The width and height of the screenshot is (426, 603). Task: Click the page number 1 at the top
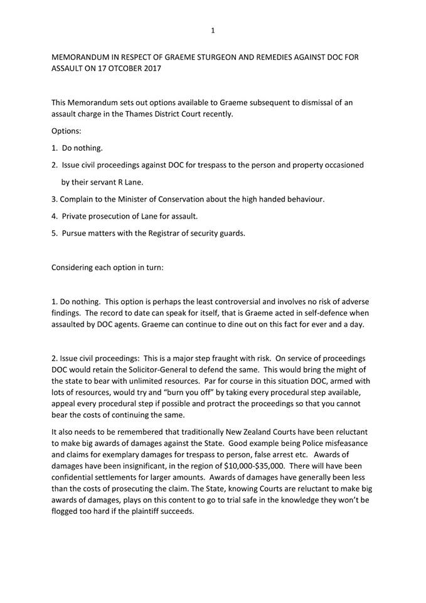point(213,30)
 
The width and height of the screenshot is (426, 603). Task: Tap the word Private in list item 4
point(75,216)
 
